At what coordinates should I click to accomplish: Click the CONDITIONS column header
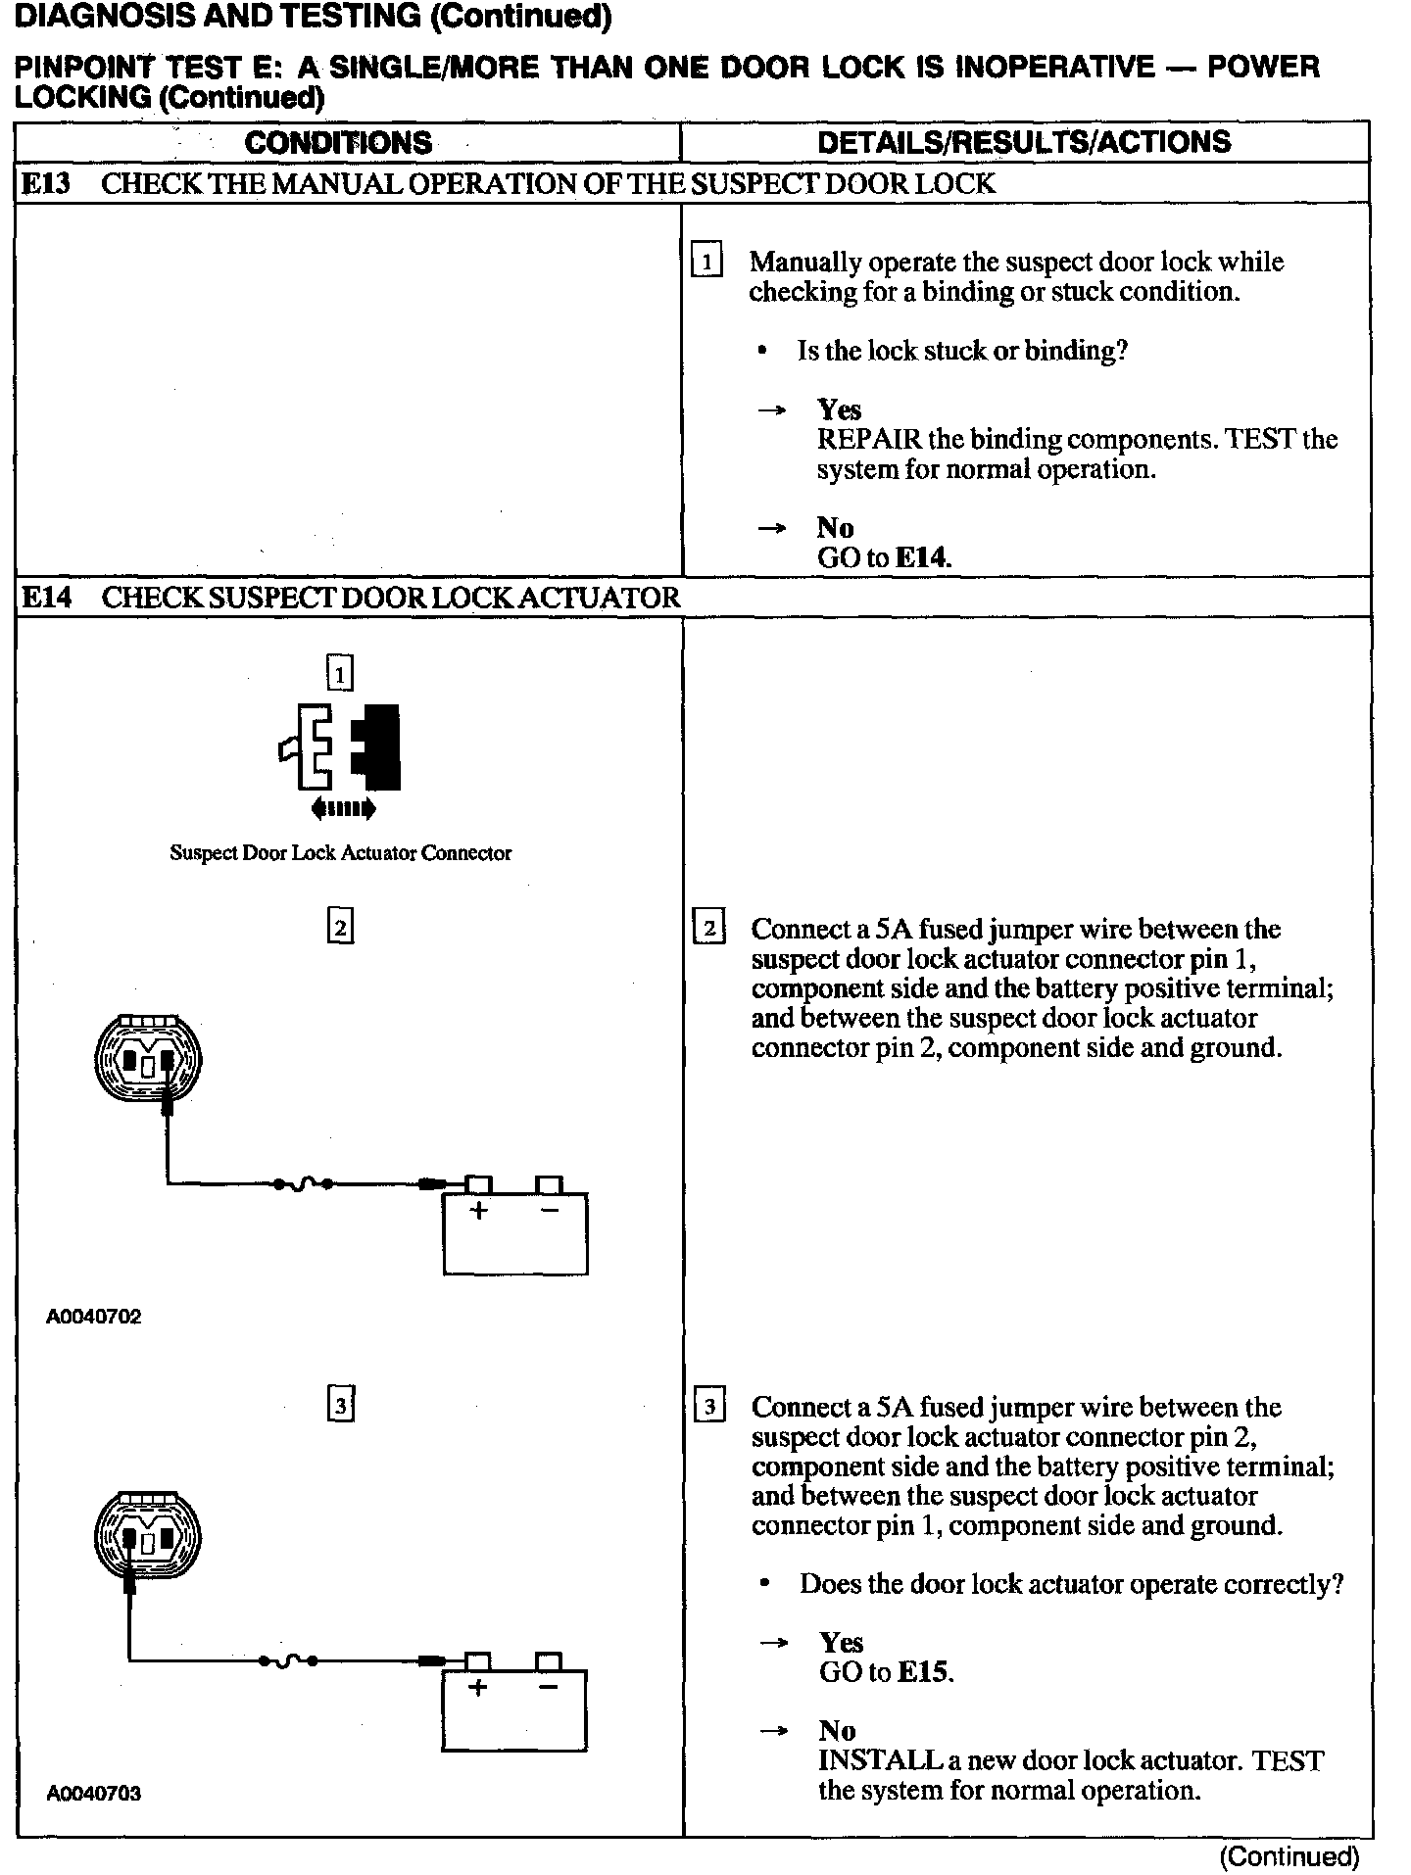338,143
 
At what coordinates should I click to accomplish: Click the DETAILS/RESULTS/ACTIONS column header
1024,142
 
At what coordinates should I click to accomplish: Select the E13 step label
46,184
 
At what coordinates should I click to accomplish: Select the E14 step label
46,598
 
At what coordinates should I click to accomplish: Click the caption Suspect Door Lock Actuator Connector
340,853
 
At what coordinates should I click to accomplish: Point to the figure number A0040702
94,1317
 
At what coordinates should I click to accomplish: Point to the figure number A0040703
94,1794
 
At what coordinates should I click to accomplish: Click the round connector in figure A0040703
147,1539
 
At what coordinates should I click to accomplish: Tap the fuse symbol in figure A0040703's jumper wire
288,1660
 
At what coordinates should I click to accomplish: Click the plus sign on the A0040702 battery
478,1211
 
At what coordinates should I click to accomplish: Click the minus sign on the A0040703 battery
548,1687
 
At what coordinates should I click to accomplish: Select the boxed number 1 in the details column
706,262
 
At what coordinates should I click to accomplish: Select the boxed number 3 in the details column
708,1408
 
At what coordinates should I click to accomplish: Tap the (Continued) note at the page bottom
1289,1855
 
